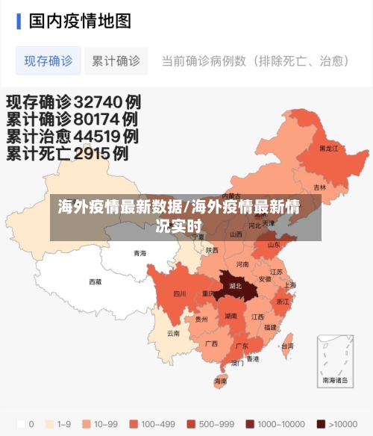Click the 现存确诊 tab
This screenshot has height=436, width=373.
tap(48, 60)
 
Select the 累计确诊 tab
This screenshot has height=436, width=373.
tap(116, 60)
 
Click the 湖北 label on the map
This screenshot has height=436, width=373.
tap(236, 285)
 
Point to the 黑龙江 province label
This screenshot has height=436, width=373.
tap(328, 149)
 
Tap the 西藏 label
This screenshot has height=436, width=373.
tap(95, 281)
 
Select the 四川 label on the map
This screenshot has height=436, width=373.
tap(179, 293)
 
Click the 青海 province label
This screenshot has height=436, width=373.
tap(140, 253)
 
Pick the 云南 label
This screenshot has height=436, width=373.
tap(173, 333)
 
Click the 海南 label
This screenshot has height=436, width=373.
tap(220, 381)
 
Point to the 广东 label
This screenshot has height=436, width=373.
tap(242, 346)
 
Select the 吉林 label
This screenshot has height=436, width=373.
tap(319, 187)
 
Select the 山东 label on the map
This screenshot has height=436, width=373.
tap(274, 244)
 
